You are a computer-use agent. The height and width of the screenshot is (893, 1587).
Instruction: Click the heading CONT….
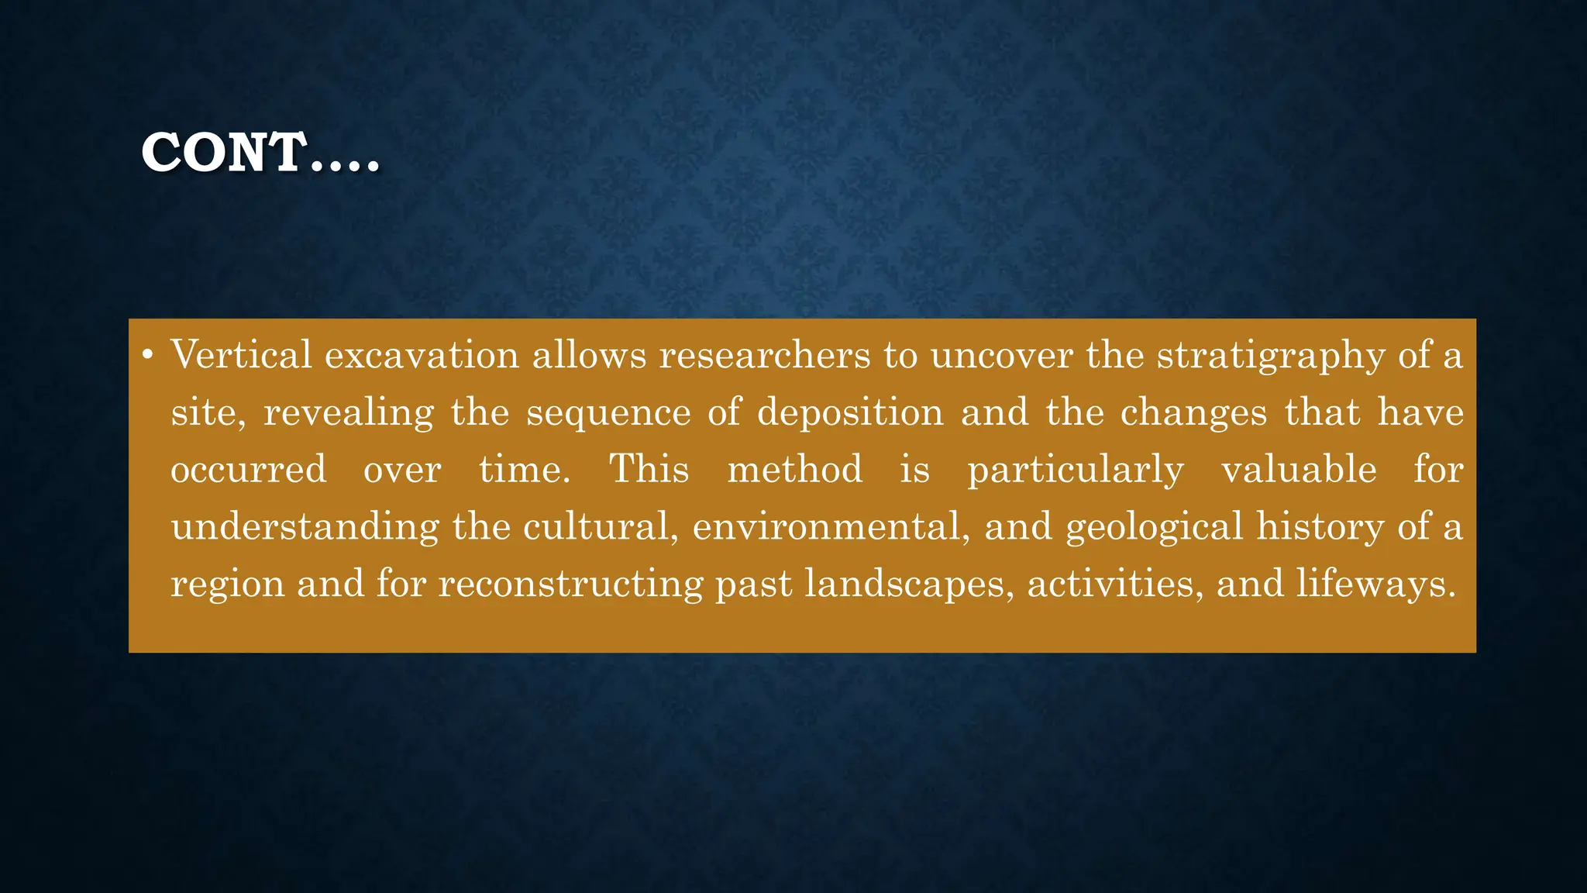coord(260,152)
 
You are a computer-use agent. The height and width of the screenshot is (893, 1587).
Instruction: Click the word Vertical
coord(241,355)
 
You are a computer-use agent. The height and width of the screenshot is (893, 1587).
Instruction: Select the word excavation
coord(422,355)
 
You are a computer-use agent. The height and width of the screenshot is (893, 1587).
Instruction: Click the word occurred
coord(249,470)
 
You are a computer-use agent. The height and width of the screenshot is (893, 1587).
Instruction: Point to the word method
coord(795,470)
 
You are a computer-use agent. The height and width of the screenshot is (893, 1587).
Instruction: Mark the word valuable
coord(1299,470)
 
